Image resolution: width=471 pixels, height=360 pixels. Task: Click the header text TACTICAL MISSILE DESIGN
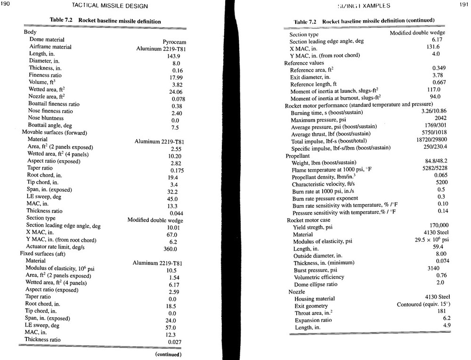[110, 6]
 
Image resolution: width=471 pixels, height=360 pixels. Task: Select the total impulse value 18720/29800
[429, 141]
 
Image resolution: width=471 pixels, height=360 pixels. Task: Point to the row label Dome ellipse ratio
[315, 285]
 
